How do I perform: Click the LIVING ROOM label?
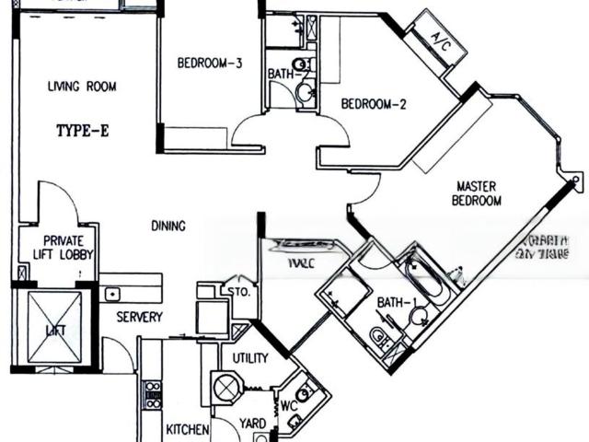click(82, 87)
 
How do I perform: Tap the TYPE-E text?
click(82, 131)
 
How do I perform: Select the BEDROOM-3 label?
click(209, 64)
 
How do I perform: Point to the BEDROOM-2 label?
click(374, 104)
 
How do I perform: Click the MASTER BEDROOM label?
click(479, 193)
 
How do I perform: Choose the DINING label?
click(169, 226)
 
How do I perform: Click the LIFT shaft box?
click(54, 328)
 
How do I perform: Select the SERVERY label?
click(140, 318)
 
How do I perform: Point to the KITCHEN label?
click(188, 430)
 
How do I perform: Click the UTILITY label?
click(249, 356)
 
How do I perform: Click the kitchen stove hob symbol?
click(152, 394)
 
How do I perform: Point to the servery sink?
click(111, 295)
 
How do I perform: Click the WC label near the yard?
click(287, 404)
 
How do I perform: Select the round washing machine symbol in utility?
click(226, 388)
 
